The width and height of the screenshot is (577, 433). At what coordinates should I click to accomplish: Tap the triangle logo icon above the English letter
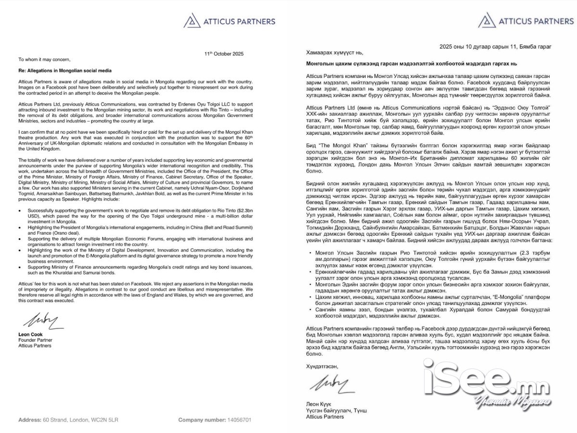coord(192,21)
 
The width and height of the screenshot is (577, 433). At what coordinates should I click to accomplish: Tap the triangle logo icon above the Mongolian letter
coord(487,21)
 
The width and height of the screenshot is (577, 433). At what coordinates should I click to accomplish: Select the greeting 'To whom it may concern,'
coord(44,60)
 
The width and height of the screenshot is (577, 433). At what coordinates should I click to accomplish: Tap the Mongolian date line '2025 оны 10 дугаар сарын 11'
coord(495,47)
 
